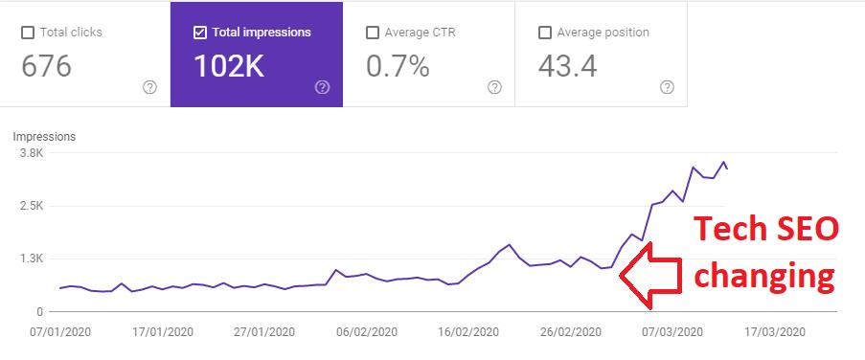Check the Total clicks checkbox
27,34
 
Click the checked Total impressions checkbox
199,34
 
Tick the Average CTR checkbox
373,34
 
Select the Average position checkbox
544,34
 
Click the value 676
46,67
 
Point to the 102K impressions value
229,67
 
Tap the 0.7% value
398,67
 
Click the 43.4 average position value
568,67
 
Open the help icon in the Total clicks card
149,87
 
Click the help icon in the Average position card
667,87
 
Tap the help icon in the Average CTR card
495,87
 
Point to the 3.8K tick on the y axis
31,152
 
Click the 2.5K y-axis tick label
31,206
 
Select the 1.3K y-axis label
31,259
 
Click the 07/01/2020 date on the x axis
60,332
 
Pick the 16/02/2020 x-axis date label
467,332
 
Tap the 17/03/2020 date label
775,332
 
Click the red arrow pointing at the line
651,275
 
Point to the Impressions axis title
44,137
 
